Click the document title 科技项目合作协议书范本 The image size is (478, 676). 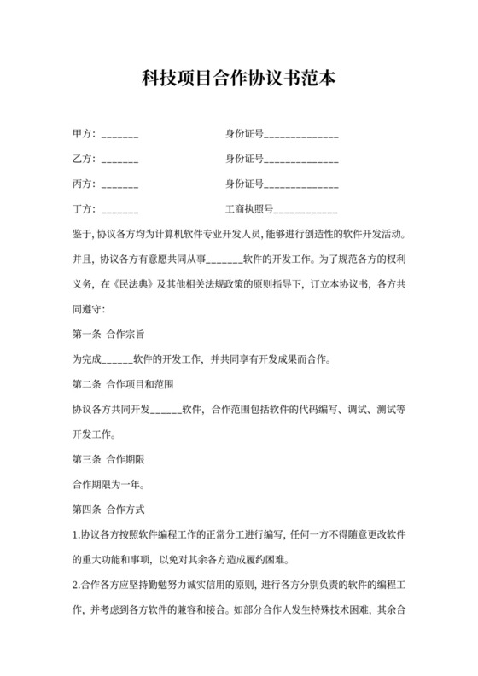[238, 79]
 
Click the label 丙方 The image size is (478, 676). [83, 184]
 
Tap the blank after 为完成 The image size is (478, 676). [117, 358]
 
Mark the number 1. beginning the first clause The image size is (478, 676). [76, 536]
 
